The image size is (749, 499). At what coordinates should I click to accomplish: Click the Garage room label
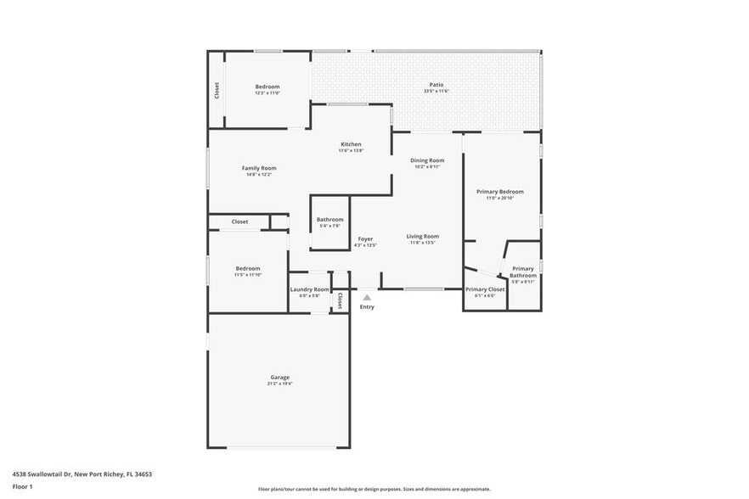(x=279, y=377)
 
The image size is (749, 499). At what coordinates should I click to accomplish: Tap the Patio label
(x=436, y=85)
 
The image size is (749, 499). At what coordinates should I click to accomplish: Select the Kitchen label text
(x=351, y=144)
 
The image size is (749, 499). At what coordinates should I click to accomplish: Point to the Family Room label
(x=259, y=168)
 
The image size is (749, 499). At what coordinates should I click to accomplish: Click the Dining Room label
(x=427, y=160)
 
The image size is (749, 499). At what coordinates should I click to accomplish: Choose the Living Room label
(x=422, y=236)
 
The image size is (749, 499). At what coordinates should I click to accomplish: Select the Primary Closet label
(x=485, y=289)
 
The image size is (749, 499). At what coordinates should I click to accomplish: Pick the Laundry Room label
(x=309, y=289)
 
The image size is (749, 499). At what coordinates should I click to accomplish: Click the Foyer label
(x=365, y=238)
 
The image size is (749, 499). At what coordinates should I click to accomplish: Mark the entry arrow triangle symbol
(x=367, y=297)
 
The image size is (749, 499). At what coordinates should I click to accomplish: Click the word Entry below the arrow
(x=367, y=306)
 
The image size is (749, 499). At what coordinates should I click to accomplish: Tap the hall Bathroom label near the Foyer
(x=329, y=219)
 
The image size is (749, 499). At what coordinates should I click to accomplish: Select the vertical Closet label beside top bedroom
(x=217, y=89)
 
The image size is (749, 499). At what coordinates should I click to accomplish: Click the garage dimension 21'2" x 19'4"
(x=279, y=384)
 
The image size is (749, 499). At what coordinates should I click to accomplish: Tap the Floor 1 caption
(x=22, y=486)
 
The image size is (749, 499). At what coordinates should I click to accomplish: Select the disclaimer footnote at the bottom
(x=374, y=489)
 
